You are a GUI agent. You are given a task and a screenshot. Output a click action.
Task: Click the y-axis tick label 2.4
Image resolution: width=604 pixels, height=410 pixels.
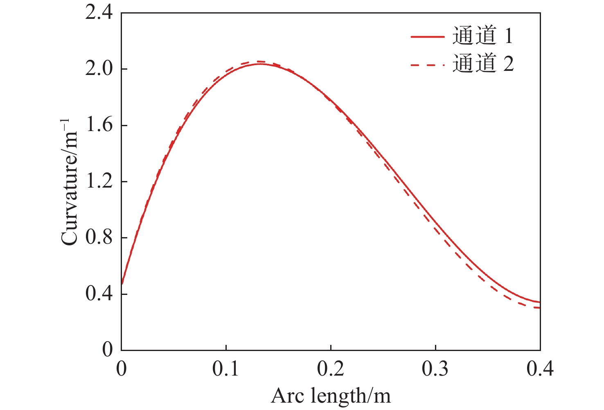tap(98, 13)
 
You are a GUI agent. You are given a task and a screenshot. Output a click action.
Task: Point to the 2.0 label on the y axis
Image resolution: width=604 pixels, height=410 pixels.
tap(98, 69)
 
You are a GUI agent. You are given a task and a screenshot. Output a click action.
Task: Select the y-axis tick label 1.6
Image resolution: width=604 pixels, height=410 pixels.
tap(98, 125)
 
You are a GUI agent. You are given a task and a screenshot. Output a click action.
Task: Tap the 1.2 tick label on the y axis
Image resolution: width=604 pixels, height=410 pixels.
tap(98, 181)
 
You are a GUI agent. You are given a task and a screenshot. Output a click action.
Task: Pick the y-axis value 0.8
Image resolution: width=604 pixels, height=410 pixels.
tap(98, 238)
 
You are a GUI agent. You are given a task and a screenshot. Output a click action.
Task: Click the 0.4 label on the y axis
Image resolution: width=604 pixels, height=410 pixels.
tap(98, 294)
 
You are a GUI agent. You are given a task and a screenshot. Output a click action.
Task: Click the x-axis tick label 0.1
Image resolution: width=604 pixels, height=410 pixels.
tap(226, 369)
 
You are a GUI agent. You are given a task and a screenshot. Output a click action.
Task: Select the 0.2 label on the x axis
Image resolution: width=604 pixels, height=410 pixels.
tap(331, 369)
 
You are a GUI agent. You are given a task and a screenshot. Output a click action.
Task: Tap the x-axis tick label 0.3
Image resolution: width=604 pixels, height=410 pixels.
tap(435, 369)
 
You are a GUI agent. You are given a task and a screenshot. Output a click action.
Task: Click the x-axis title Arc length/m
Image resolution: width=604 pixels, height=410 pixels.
tap(331, 396)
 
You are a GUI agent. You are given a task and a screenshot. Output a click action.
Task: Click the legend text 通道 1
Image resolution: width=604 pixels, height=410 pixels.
tap(482, 36)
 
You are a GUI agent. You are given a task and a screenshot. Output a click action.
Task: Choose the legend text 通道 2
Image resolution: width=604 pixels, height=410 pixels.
tap(482, 64)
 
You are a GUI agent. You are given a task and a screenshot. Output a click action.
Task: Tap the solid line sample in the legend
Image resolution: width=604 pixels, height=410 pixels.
tap(428, 36)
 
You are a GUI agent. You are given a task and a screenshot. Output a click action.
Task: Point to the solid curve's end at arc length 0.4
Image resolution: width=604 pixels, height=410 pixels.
tap(540, 302)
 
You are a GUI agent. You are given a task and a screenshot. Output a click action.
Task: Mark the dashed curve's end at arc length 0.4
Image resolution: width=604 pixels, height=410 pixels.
tap(540, 308)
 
